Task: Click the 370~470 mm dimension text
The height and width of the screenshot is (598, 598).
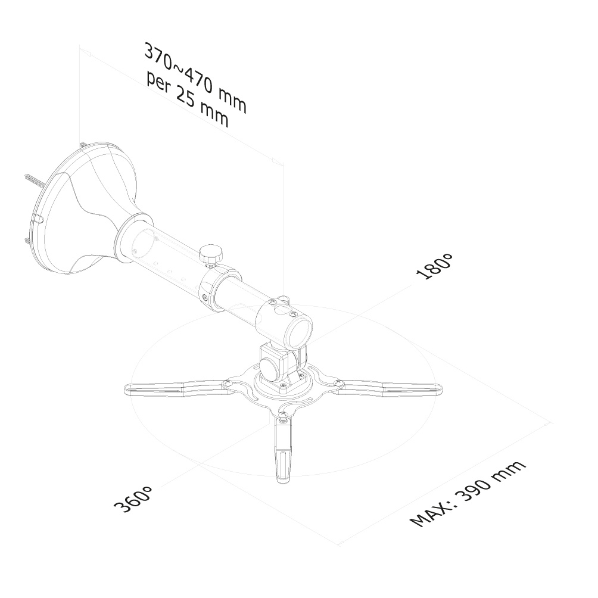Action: pyautogui.click(x=195, y=78)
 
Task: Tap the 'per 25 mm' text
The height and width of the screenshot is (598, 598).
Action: pyautogui.click(x=188, y=99)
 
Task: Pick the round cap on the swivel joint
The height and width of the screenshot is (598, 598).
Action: pyautogui.click(x=270, y=368)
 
